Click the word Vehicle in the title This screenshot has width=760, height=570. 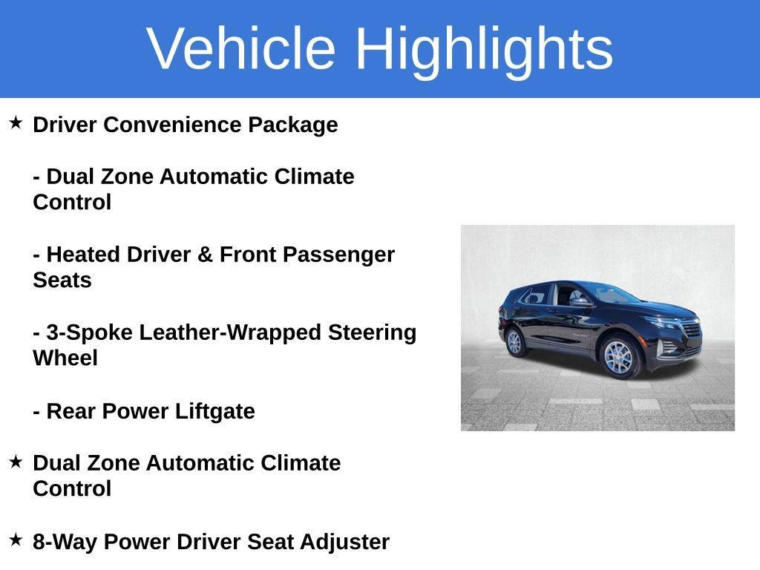pyautogui.click(x=242, y=49)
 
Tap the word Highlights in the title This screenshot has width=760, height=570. pyautogui.click(x=484, y=49)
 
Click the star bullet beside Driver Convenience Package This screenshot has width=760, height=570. pyautogui.click(x=16, y=122)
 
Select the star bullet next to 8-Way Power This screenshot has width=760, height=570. pyautogui.click(x=16, y=540)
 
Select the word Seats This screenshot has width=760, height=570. pyautogui.click(x=62, y=281)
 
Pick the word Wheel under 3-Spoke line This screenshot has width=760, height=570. pyautogui.click(x=65, y=358)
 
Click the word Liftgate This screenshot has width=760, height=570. pyautogui.click(x=214, y=411)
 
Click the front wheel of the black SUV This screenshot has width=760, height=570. pyautogui.click(x=618, y=357)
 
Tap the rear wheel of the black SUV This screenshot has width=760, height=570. pyautogui.click(x=514, y=342)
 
